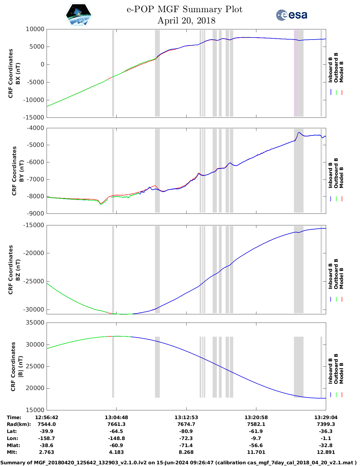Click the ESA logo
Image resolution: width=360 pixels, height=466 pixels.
pyautogui.click(x=291, y=15)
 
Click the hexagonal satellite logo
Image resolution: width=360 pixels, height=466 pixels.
pyautogui.click(x=78, y=15)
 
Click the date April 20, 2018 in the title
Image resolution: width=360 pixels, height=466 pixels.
pyautogui.click(x=186, y=21)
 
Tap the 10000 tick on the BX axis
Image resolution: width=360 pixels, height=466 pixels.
pyautogui.click(x=35, y=29)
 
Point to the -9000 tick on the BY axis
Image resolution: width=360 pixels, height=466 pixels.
pyautogui.click(x=35, y=214)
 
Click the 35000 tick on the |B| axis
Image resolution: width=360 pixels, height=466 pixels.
pyautogui.click(x=35, y=323)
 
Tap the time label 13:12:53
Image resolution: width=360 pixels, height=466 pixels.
pyautogui.click(x=186, y=417)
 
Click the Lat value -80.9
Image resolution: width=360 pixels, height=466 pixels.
pyautogui.click(x=186, y=431)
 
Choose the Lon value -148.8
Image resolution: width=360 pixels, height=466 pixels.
pyautogui.click(x=116, y=438)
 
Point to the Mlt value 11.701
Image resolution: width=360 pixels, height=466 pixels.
pyautogui.click(x=256, y=452)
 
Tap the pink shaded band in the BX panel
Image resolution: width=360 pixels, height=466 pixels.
pyautogui.click(x=295, y=73)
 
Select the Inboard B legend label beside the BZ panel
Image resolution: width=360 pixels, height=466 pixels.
pyautogui.click(x=330, y=276)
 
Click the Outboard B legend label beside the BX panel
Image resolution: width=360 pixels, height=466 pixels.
pyautogui.click(x=336, y=68)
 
